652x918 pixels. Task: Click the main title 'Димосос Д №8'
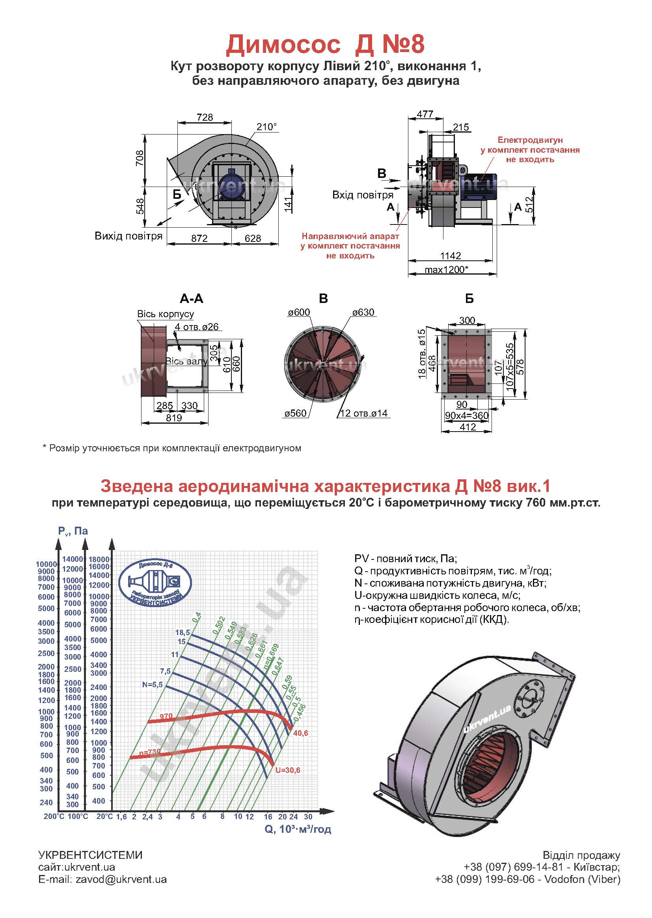[x=325, y=44]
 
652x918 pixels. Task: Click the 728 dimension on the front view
[x=205, y=117]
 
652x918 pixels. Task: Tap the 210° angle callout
[x=266, y=127]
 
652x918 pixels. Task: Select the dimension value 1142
[x=451, y=256]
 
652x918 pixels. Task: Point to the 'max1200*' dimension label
[x=447, y=269]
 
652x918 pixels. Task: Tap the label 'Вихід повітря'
[x=129, y=236]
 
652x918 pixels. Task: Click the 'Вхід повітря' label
[x=363, y=195]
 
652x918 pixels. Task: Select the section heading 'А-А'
[x=192, y=299]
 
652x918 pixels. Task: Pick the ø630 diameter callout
[x=363, y=312]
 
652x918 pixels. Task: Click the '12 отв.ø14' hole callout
[x=364, y=413]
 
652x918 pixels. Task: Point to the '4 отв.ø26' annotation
[x=197, y=327]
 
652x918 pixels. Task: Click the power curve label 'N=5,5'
[x=152, y=684]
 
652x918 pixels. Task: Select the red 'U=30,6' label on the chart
[x=287, y=770]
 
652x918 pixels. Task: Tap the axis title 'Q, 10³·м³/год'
[x=298, y=829]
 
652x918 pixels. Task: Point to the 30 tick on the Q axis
[x=308, y=816]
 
